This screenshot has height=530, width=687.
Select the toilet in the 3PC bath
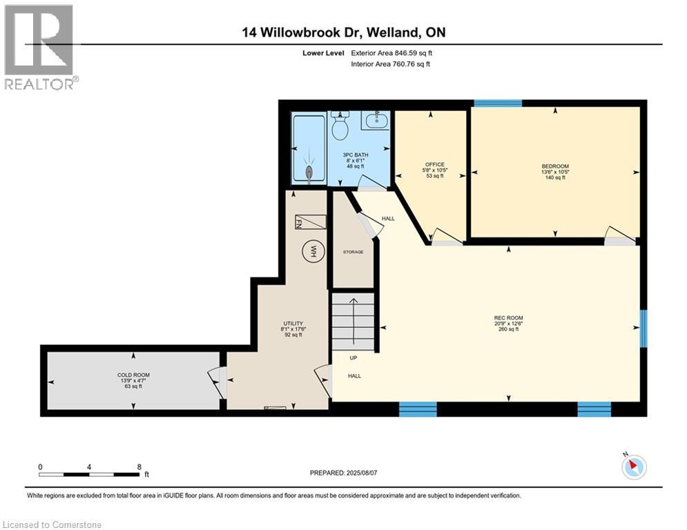coord(340,126)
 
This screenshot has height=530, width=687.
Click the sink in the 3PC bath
coord(376,121)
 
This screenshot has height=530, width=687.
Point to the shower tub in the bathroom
coord(308,149)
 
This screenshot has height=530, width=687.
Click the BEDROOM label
coord(555,166)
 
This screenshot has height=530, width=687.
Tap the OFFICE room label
coord(435,164)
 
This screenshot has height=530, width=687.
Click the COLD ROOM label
coord(133,375)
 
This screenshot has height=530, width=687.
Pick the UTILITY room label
coord(293,323)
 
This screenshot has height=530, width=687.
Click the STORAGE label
coord(353,252)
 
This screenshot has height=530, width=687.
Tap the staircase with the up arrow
coord(354,321)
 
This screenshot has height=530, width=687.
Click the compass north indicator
coord(632,467)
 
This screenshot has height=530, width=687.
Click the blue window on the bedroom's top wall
coord(496,104)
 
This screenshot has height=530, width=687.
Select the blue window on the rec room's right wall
coord(643,328)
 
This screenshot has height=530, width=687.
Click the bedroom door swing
coord(619,235)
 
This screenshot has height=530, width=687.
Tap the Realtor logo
coord(40,47)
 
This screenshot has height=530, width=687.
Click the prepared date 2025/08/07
coord(343,473)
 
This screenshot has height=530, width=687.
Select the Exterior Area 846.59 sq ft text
coord(392,52)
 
